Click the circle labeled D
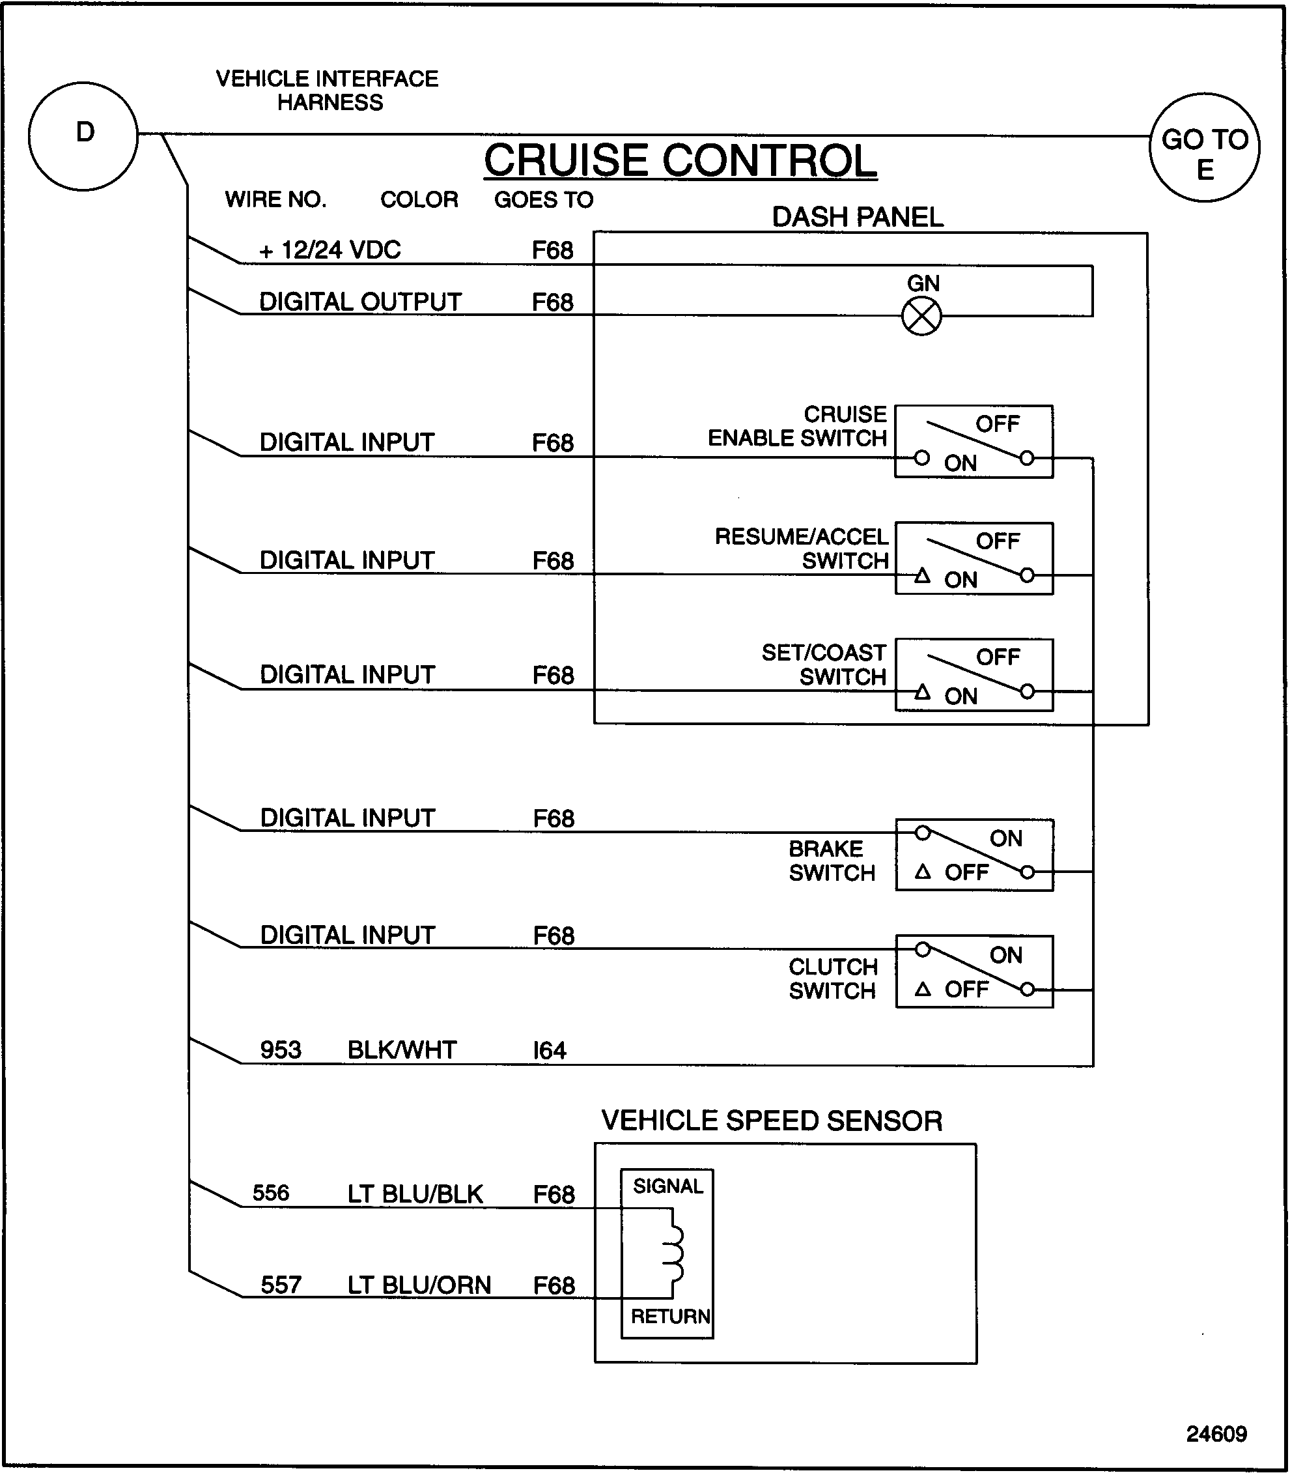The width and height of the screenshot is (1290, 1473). point(83,136)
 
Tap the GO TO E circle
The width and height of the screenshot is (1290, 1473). point(1204,148)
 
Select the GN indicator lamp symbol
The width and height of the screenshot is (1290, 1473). point(921,316)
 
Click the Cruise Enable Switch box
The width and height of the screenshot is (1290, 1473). point(974,442)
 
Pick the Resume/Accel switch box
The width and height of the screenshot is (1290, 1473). point(974,558)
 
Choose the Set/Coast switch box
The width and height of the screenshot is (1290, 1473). point(974,675)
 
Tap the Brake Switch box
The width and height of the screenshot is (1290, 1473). point(974,855)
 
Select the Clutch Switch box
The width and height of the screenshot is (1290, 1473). point(974,971)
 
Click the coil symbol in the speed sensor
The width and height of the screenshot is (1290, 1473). point(674,1254)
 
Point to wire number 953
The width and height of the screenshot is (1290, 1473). point(281,1050)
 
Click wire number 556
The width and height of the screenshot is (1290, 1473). point(271,1193)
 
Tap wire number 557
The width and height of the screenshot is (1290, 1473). point(281,1285)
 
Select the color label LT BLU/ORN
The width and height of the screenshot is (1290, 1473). point(419,1285)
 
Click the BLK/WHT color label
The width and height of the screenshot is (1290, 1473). point(402,1050)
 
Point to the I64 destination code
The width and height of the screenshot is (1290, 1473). point(549,1051)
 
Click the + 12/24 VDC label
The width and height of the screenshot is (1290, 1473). point(330,250)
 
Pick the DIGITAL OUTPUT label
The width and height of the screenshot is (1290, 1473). point(360,302)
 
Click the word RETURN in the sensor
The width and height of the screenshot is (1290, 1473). point(670,1317)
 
